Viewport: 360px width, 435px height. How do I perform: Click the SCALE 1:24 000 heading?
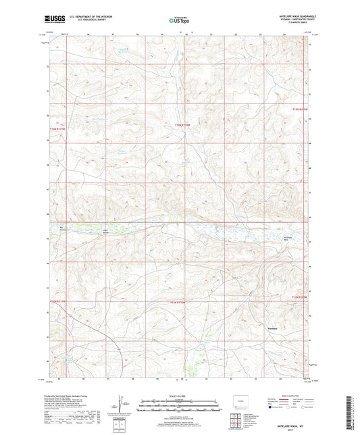click(x=180, y=396)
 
